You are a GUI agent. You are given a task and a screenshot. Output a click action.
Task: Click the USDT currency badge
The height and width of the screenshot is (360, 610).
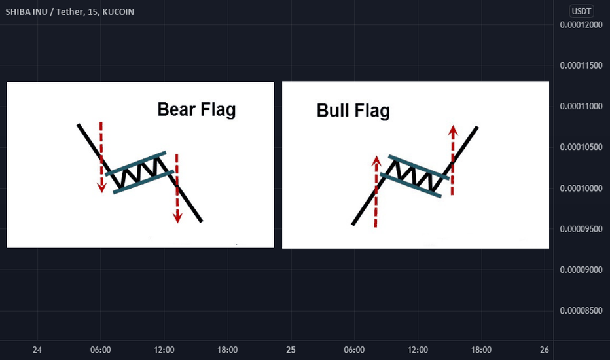pos(581,11)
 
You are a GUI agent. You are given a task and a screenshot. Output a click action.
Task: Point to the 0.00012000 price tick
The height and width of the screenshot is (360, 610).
pos(581,25)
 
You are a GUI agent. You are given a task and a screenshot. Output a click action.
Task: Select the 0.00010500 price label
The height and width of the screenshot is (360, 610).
pos(581,147)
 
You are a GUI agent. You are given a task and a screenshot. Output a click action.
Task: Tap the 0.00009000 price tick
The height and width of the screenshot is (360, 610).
pos(581,270)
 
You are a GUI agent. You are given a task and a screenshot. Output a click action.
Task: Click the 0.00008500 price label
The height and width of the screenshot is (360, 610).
pos(581,310)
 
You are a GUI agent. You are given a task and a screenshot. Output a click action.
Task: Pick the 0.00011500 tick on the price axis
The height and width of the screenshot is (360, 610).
pos(581,65)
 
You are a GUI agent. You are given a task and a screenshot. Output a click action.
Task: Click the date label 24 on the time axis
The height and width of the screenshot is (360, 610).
pos(37,350)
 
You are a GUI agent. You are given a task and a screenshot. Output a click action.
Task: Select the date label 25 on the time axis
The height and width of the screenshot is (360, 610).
pos(291,350)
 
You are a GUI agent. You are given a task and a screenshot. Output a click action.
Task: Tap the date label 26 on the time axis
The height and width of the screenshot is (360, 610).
pos(545,350)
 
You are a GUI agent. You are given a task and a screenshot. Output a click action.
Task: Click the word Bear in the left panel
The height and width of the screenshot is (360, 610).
pos(176,109)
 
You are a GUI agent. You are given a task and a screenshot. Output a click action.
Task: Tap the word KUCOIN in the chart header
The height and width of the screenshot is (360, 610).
pos(118,12)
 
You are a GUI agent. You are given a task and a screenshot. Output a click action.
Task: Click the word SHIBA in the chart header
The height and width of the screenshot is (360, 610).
pos(16,12)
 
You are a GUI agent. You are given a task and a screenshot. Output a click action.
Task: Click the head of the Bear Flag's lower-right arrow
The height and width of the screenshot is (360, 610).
pos(177,217)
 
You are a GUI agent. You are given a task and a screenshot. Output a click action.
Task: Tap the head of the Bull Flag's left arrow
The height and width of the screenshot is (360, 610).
pos(376,161)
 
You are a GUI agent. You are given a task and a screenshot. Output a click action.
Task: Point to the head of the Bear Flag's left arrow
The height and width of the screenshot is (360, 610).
pos(101,187)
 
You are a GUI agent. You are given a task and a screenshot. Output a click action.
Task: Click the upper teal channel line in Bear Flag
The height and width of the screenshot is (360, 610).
pos(135,164)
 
